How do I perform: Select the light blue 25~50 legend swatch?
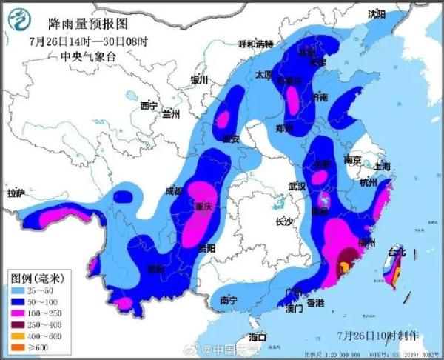coord(20,290)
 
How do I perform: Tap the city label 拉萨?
coord(16,193)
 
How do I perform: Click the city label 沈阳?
coord(377,13)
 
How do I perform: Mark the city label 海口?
coord(257,338)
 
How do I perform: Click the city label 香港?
coord(316,303)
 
